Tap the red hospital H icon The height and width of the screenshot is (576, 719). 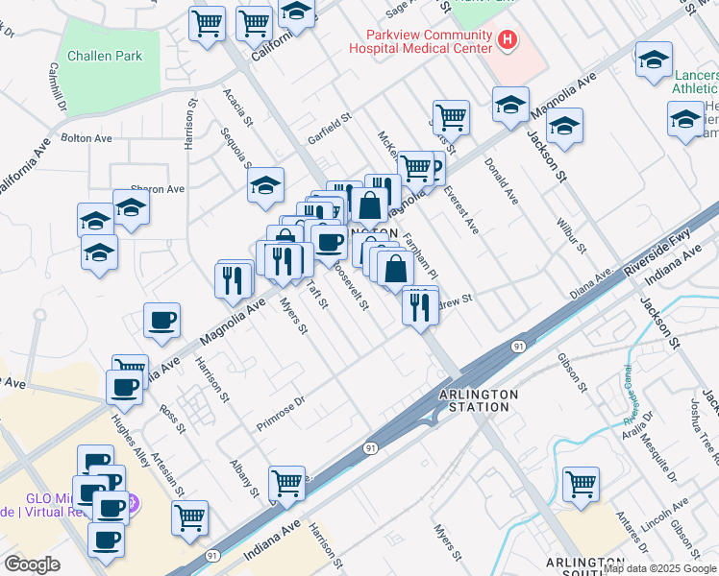coord(507,40)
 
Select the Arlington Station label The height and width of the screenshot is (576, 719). coord(479,400)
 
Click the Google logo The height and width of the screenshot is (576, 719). coord(32,564)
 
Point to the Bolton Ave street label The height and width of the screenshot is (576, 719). coord(87,138)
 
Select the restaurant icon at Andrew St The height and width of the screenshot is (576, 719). coord(420,306)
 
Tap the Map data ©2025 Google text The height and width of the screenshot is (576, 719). coord(658,568)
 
